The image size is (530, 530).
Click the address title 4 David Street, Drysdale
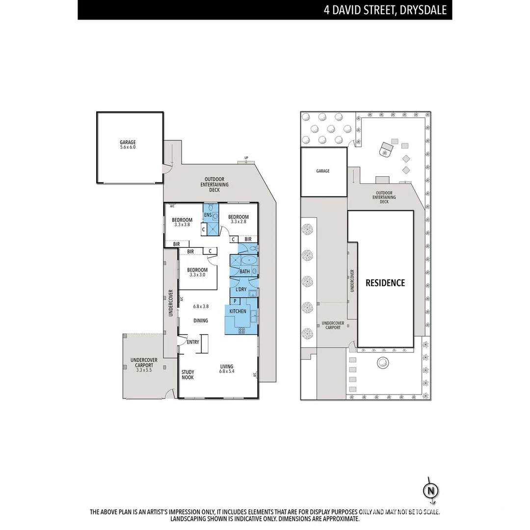coord(385,10)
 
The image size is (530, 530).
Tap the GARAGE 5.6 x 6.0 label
coord(128,145)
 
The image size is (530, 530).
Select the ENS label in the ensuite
coord(208,215)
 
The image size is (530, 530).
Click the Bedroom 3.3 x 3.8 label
coord(182,222)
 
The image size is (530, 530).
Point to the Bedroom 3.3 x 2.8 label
coord(238,219)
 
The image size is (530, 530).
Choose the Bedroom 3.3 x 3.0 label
coord(197,272)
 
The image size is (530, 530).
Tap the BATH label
coord(244,271)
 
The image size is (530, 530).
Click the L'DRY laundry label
coord(241,290)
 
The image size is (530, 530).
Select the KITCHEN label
coord(238,311)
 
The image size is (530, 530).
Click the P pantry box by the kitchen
coord(235,301)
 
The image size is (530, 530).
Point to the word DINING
coord(200,320)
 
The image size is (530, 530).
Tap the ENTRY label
coord(193,342)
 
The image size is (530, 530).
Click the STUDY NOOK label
coord(187,374)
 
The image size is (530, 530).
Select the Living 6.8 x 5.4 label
coord(226,369)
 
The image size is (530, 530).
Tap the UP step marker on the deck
coord(246,158)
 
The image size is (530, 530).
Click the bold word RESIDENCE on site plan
coord(385,283)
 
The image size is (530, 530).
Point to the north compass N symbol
coord(430,490)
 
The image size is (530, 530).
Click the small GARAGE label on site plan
coord(323,171)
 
